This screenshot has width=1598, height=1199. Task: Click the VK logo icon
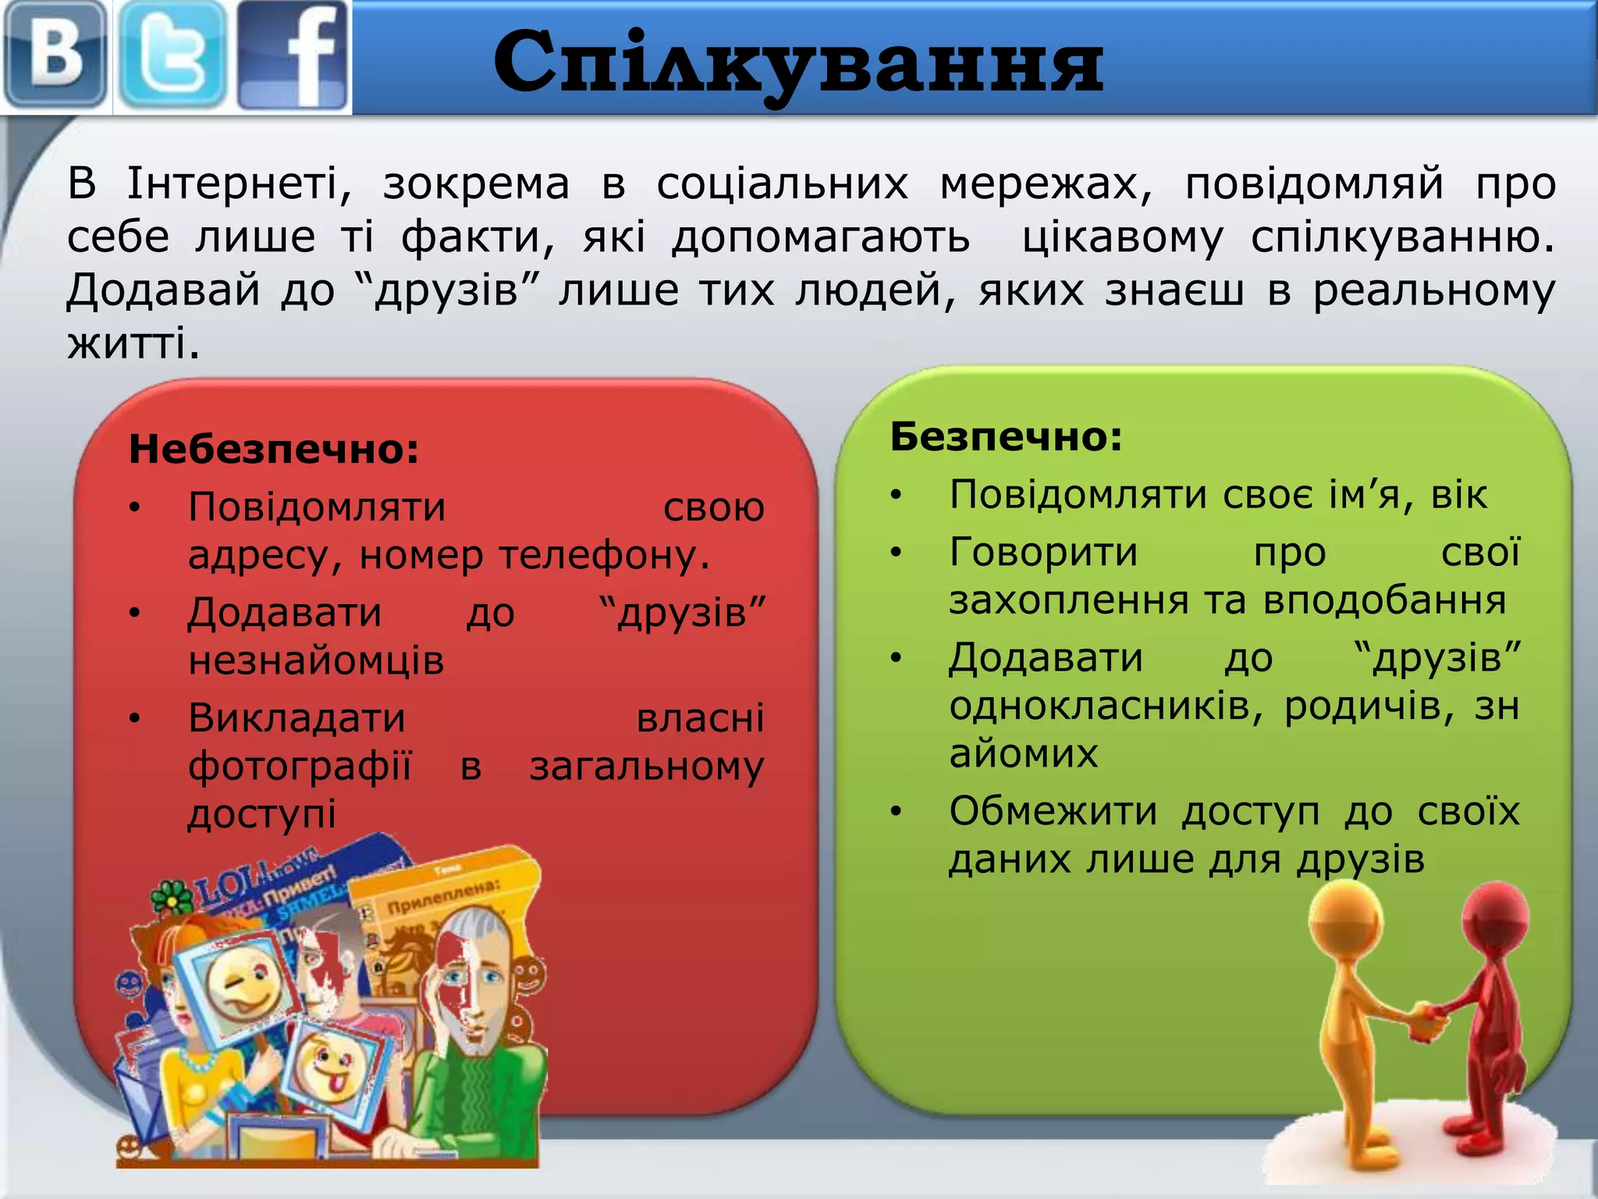[55, 55]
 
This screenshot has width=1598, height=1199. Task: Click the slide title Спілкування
[798, 62]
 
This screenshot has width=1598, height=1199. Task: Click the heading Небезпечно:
[274, 450]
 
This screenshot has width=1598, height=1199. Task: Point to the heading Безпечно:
[1006, 436]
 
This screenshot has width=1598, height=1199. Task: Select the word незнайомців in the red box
[316, 660]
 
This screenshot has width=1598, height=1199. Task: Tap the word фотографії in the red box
[300, 767]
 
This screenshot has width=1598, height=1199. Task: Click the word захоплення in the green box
[1069, 600]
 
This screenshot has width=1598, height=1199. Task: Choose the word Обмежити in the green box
[1053, 811]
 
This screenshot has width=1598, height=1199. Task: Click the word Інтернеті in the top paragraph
[239, 184]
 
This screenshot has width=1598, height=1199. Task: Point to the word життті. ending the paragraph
[133, 343]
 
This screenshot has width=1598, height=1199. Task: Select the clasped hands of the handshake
[1428, 1023]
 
